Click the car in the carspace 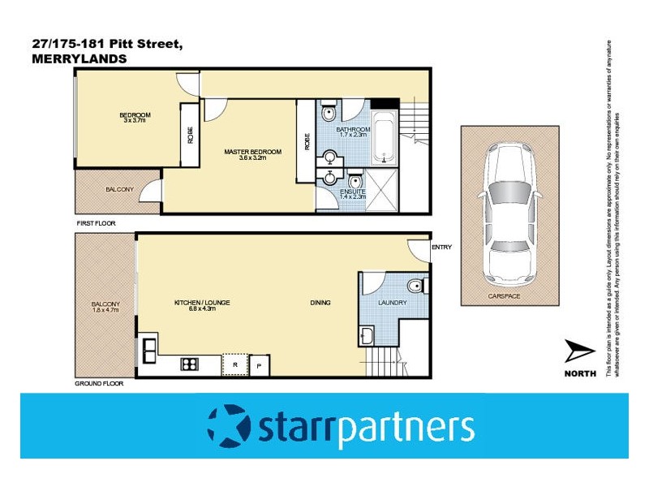509,212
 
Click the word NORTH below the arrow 580,373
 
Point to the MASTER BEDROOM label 252,152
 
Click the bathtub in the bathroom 383,140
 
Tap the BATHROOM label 354,130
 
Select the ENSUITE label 353,192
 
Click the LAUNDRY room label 393,304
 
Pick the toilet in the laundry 415,286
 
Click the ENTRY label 441,248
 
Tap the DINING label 320,303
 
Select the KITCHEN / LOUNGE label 202,303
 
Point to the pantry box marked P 260,366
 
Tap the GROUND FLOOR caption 99,382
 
